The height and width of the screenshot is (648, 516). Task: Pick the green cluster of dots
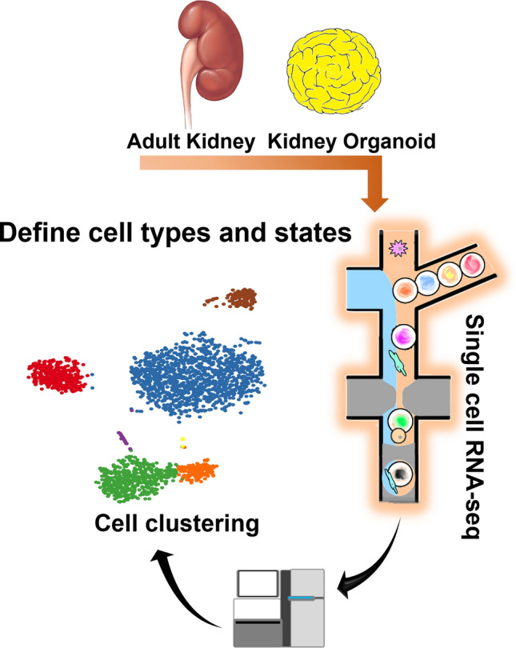tap(134, 477)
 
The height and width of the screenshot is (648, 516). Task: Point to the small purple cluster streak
tap(122, 438)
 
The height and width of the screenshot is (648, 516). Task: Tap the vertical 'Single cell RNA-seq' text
tap(477, 403)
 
